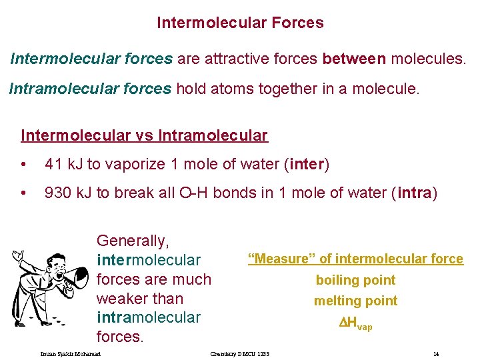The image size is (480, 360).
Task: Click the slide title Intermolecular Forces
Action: click(240, 23)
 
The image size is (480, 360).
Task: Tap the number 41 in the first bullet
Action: click(53, 164)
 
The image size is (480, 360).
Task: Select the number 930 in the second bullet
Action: click(57, 193)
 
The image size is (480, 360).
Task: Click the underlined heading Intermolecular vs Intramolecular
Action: click(144, 136)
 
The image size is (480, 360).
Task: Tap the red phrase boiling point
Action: click(355, 280)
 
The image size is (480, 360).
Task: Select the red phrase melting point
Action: click(355, 301)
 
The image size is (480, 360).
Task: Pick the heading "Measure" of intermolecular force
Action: click(355, 259)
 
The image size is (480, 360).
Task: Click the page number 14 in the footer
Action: click(435, 353)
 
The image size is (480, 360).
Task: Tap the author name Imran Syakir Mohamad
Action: click(70, 353)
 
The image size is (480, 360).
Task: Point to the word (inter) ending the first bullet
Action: click(307, 164)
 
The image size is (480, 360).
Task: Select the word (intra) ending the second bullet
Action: click(415, 193)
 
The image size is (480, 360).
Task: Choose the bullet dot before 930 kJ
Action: click(25, 193)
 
